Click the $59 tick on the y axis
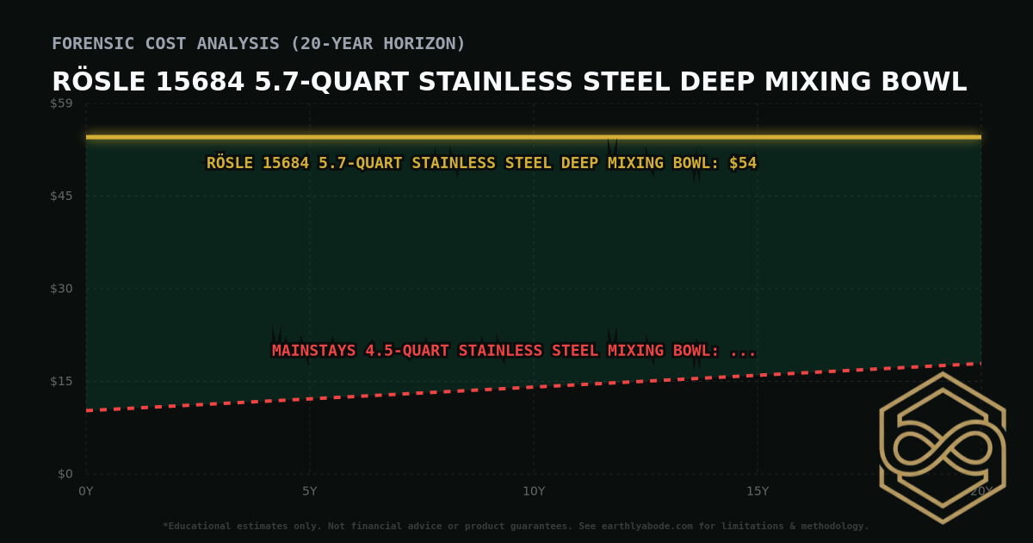(62, 103)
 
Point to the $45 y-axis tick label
(62, 196)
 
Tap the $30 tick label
(62, 289)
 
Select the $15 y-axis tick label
(62, 381)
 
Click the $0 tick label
(65, 474)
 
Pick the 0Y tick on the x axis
(86, 491)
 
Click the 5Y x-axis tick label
(310, 491)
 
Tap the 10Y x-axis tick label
(534, 491)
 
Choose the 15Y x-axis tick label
(758, 491)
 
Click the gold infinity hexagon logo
(942, 447)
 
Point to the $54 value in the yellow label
(743, 163)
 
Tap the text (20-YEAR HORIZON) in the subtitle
(378, 43)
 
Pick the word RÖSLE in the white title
(98, 82)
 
